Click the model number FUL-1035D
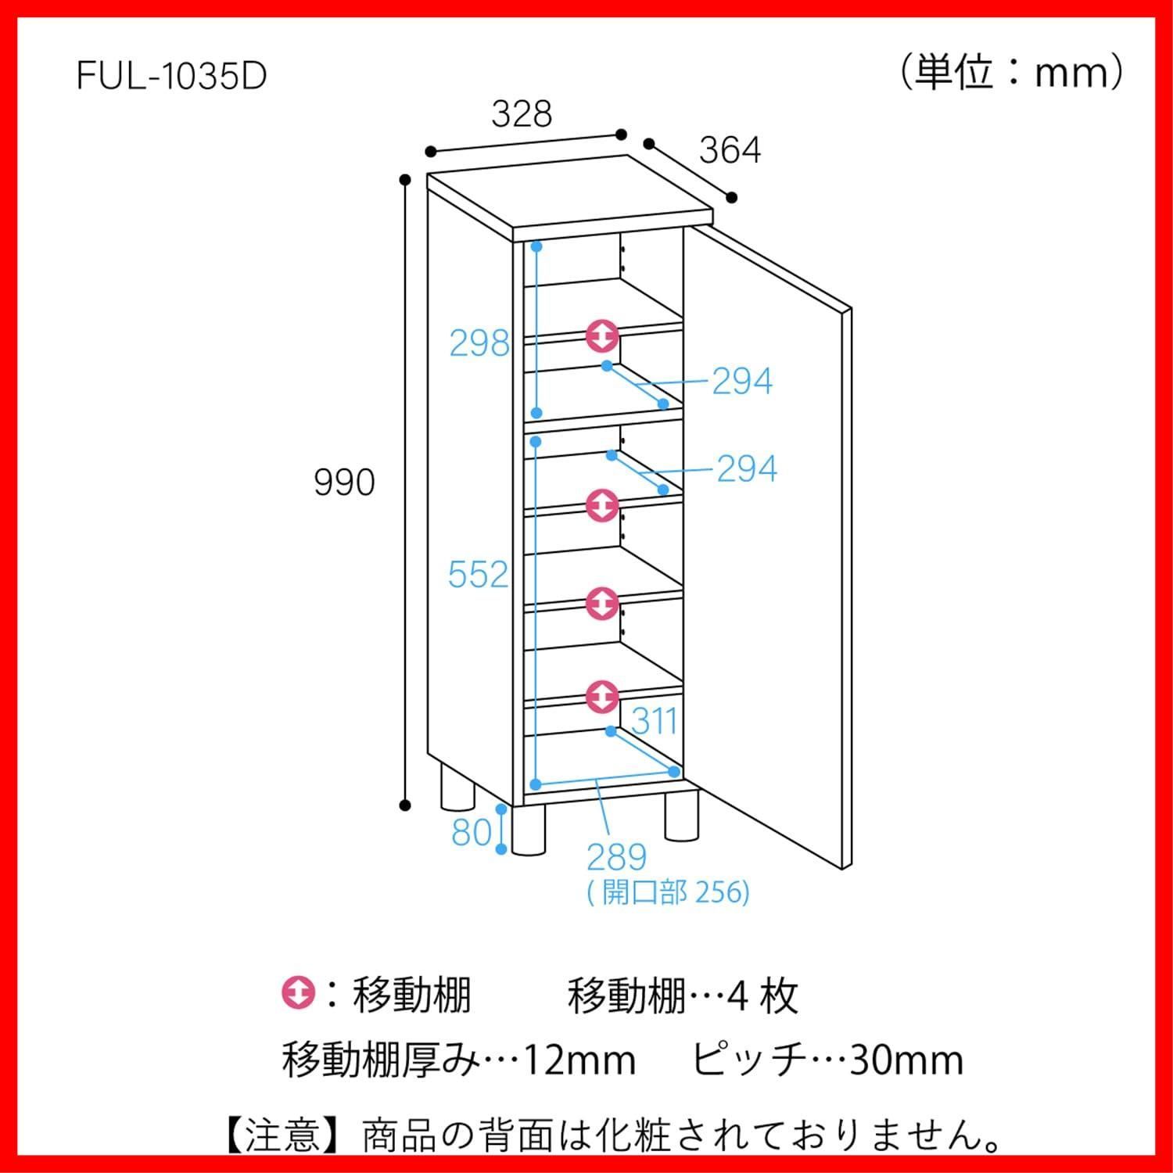tap(172, 76)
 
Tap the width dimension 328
tap(522, 114)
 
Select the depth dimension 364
tap(730, 150)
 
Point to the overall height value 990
tap(344, 482)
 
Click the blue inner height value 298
tap(479, 343)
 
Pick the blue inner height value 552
tap(478, 575)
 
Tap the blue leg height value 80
tap(472, 832)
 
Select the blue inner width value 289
tap(617, 857)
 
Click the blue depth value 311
tap(654, 721)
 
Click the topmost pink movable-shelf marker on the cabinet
tap(602, 337)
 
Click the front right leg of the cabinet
tap(681, 815)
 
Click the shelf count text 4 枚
tap(762, 996)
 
